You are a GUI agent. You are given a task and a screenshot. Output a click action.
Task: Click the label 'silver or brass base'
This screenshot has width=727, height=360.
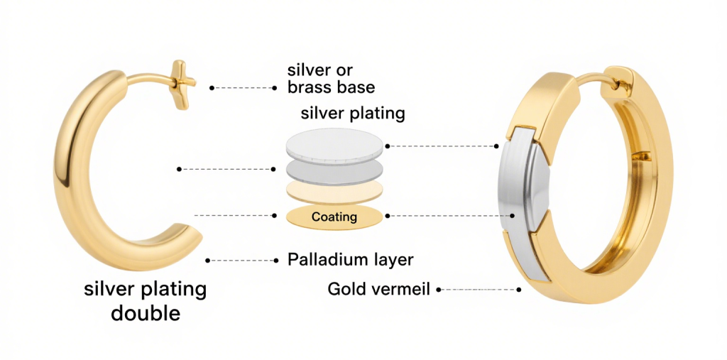(331, 78)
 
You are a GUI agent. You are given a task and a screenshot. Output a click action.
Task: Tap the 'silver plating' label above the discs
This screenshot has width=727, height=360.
(353, 113)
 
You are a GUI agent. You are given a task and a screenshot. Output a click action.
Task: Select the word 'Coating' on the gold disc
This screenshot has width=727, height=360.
(334, 217)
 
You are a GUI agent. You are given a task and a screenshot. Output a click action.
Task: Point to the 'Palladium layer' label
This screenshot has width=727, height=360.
(350, 260)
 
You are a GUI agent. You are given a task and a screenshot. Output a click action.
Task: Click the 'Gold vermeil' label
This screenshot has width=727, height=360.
(379, 290)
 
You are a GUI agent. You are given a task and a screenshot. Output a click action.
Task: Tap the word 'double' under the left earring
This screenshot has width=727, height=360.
(145, 313)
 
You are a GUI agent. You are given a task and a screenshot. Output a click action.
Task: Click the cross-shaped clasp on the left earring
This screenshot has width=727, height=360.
(182, 84)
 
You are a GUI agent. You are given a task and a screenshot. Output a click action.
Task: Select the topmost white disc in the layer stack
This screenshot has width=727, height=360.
(335, 144)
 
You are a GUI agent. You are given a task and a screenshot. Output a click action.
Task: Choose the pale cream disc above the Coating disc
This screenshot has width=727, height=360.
(335, 192)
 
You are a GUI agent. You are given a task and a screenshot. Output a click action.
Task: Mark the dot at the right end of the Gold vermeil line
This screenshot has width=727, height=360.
(519, 290)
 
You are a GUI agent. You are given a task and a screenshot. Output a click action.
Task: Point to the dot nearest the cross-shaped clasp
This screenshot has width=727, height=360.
(212, 87)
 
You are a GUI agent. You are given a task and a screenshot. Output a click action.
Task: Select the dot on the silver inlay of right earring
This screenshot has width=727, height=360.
(513, 216)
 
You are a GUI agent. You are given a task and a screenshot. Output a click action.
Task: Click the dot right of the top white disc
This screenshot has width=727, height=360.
(388, 146)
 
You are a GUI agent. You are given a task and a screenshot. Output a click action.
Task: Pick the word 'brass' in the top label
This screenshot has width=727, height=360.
(310, 87)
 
